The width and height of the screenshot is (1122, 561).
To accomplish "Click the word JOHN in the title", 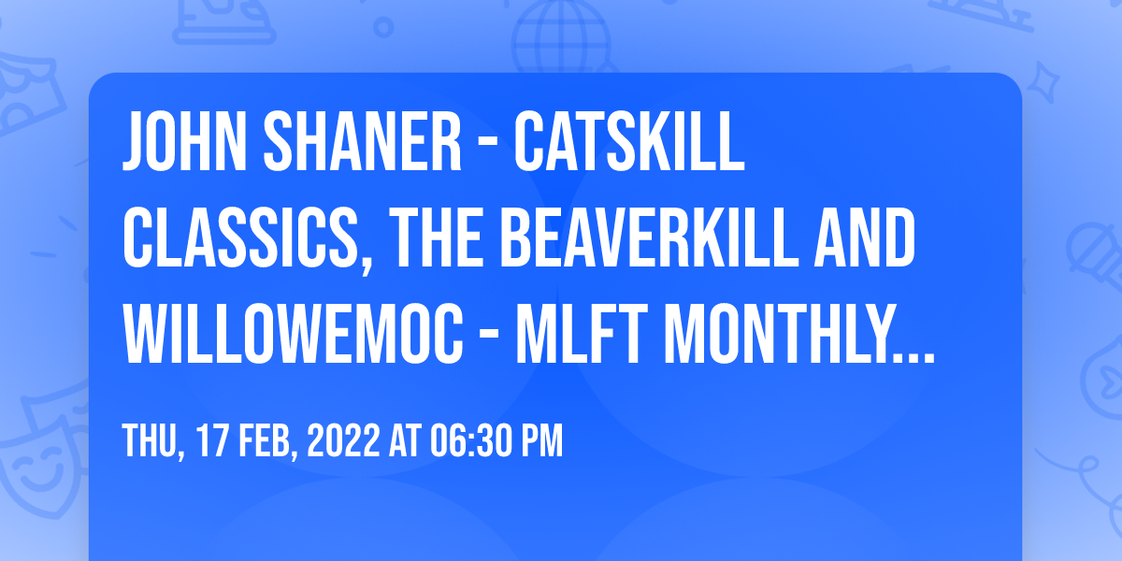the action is (x=184, y=142).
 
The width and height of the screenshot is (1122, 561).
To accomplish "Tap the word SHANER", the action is (x=362, y=142).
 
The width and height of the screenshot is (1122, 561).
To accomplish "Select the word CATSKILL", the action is (x=629, y=142).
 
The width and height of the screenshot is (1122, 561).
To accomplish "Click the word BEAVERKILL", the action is (x=649, y=237).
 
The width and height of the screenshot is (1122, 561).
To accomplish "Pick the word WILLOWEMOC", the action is (x=293, y=334).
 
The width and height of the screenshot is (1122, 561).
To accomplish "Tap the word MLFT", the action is (x=582, y=334).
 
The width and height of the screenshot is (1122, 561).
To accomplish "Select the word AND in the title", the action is (x=865, y=237).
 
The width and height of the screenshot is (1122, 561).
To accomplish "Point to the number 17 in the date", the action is (x=210, y=440).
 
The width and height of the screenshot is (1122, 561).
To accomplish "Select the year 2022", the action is (x=344, y=440).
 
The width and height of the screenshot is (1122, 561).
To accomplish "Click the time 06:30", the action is (x=469, y=440).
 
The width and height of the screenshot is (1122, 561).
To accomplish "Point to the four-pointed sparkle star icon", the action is (x=1043, y=82).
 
